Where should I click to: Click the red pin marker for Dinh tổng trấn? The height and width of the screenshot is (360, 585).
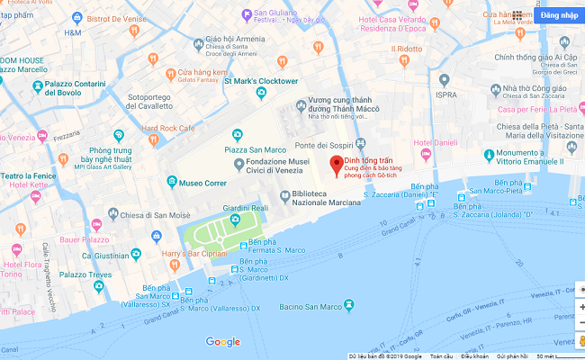click(x=336, y=165)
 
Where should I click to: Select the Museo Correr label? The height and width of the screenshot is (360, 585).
click(x=202, y=183)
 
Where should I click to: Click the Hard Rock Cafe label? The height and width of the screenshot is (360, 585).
click(x=167, y=128)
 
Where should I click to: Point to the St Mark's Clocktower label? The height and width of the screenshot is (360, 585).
click(x=261, y=81)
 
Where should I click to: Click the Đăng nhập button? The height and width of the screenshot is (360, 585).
click(x=560, y=15)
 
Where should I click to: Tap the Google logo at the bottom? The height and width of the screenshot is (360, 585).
click(x=222, y=342)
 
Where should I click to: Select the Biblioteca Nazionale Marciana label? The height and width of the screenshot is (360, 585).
click(x=326, y=199)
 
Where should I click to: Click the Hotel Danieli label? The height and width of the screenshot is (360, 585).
click(x=436, y=143)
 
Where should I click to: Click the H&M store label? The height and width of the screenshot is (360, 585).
click(x=73, y=33)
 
